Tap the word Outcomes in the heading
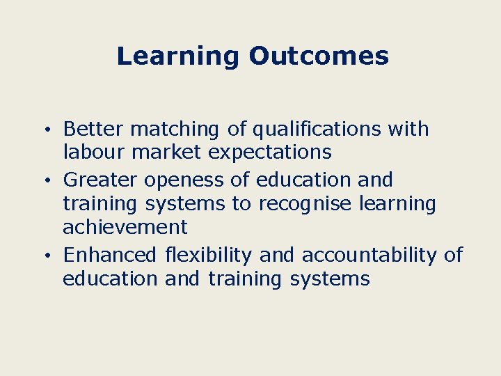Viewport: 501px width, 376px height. (x=318, y=56)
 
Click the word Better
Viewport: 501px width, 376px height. (x=93, y=129)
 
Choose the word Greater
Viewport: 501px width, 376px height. (x=101, y=180)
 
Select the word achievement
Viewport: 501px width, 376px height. (x=125, y=226)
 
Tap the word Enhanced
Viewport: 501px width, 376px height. (x=110, y=255)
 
